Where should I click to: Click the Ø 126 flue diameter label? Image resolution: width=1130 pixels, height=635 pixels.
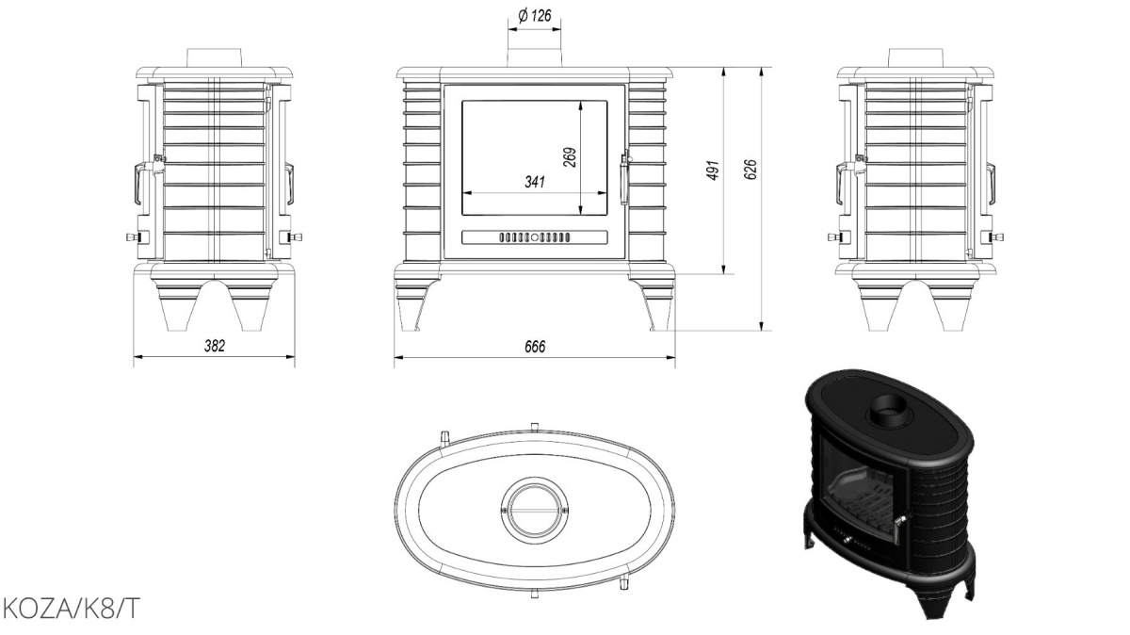[x=535, y=16]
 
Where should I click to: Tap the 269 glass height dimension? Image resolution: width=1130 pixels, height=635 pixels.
[x=570, y=157]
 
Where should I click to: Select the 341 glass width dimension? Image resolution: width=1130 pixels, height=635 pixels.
[x=535, y=182]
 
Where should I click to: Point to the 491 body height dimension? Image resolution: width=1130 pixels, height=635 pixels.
[x=712, y=171]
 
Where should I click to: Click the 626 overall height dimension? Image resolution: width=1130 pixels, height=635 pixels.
[x=751, y=170]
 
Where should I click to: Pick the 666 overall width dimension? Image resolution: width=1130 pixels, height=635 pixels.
[x=535, y=347]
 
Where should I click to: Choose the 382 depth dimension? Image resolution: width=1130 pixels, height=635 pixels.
[x=215, y=346]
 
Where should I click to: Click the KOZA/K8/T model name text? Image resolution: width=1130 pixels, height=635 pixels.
[x=70, y=609]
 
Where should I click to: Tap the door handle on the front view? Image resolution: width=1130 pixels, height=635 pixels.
[x=624, y=177]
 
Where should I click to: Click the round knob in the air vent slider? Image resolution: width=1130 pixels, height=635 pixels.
[x=535, y=237]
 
